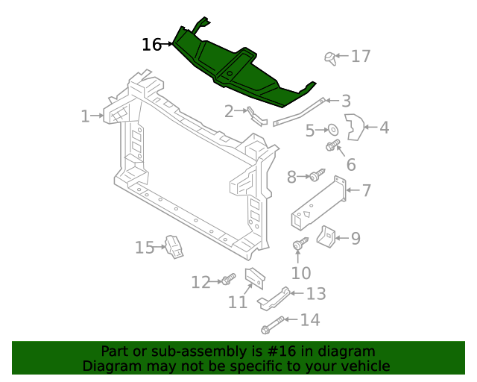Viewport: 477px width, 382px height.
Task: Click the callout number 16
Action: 151,45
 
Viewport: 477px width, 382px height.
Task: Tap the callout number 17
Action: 361,56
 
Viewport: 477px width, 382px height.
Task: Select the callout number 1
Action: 86,116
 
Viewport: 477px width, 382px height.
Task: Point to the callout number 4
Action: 384,128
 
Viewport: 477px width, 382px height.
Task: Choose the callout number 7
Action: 367,190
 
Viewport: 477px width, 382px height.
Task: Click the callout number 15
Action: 144,247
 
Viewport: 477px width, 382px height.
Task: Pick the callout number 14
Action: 309,320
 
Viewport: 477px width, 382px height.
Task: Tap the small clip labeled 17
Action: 330,57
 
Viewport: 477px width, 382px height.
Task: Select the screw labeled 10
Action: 300,244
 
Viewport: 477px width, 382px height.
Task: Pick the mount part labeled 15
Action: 174,246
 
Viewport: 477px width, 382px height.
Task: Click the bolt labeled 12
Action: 227,280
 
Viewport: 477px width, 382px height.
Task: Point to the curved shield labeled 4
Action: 355,128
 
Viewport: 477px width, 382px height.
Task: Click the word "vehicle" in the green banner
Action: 362,366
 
